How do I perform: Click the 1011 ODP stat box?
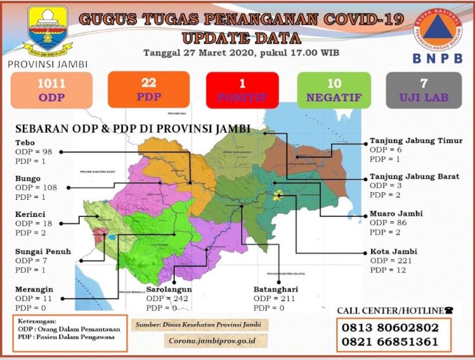click(x=51, y=89)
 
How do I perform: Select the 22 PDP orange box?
click(x=148, y=89)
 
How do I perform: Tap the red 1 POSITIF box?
click(x=242, y=90)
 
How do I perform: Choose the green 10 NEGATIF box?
click(x=334, y=90)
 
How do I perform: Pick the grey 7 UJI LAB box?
click(x=425, y=90)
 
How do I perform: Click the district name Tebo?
click(x=26, y=142)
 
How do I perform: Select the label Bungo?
click(x=28, y=178)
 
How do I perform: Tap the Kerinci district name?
click(x=31, y=214)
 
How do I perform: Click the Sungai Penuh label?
click(x=43, y=251)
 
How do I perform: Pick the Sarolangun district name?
click(x=169, y=289)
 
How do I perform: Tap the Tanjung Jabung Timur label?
click(x=416, y=141)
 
